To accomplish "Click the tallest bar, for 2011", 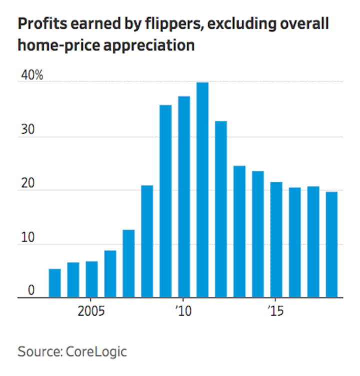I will pos(202,190).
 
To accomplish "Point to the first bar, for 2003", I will pos(54,283).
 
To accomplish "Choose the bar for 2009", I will pos(165,201).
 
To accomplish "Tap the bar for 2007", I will pos(128,263).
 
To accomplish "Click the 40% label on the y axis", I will pos(31,76).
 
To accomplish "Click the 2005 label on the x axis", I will pos(91,311).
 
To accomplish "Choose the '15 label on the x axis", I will pos(275,311).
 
